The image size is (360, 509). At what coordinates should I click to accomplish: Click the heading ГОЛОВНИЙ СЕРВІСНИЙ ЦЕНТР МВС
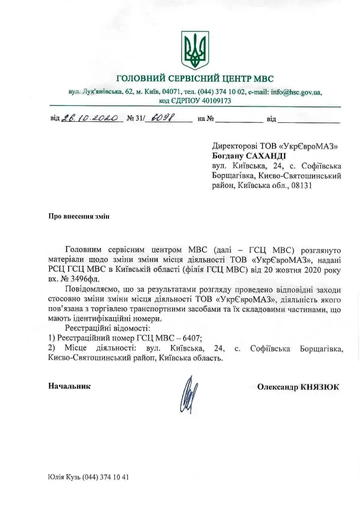pyautogui.click(x=194, y=79)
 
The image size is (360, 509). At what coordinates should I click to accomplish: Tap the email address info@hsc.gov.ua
pyautogui.click(x=297, y=92)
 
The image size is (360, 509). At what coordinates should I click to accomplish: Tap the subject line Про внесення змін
pyautogui.click(x=78, y=216)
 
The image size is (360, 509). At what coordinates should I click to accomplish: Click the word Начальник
pyautogui.click(x=69, y=386)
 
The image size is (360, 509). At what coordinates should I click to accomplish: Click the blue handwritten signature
pyautogui.click(x=187, y=396)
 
